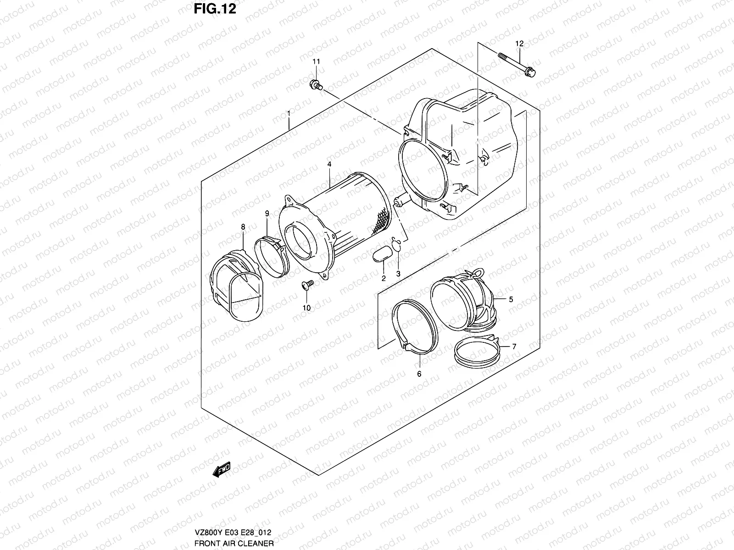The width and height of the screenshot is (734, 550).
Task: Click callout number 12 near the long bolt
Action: pyautogui.click(x=519, y=44)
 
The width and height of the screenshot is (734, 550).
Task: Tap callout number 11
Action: pyautogui.click(x=316, y=61)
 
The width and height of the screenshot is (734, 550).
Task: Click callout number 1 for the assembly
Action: pyautogui.click(x=289, y=113)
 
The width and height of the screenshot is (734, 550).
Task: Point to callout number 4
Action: pyautogui.click(x=329, y=164)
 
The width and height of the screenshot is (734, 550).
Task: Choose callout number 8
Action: pyautogui.click(x=243, y=226)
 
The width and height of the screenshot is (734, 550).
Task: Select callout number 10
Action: pyautogui.click(x=306, y=308)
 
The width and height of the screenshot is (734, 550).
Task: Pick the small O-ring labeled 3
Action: pyautogui.click(x=397, y=245)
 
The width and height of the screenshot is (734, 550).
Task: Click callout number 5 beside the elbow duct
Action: pyautogui.click(x=511, y=300)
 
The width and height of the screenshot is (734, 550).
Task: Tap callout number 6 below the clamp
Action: pyautogui.click(x=419, y=374)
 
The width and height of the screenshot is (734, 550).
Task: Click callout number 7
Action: pyautogui.click(x=514, y=347)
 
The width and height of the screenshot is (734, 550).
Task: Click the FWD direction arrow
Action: pyautogui.click(x=222, y=470)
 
